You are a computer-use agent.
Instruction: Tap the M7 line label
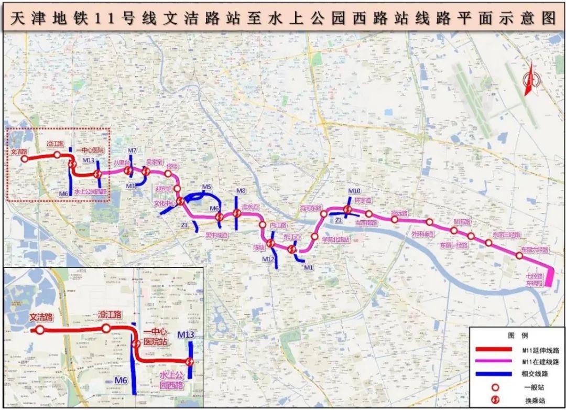click(132, 151)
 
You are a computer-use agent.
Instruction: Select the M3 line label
click(130, 186)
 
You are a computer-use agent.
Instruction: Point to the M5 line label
click(206, 187)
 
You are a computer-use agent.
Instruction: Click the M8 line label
click(241, 191)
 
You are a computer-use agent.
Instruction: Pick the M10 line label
click(354, 191)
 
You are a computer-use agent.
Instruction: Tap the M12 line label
click(268, 259)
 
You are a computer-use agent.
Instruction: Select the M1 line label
click(308, 268)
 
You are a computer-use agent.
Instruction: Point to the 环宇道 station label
click(362, 201)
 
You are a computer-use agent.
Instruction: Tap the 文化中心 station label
click(164, 202)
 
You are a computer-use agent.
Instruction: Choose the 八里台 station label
click(122, 163)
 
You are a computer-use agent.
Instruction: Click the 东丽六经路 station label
click(534, 250)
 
